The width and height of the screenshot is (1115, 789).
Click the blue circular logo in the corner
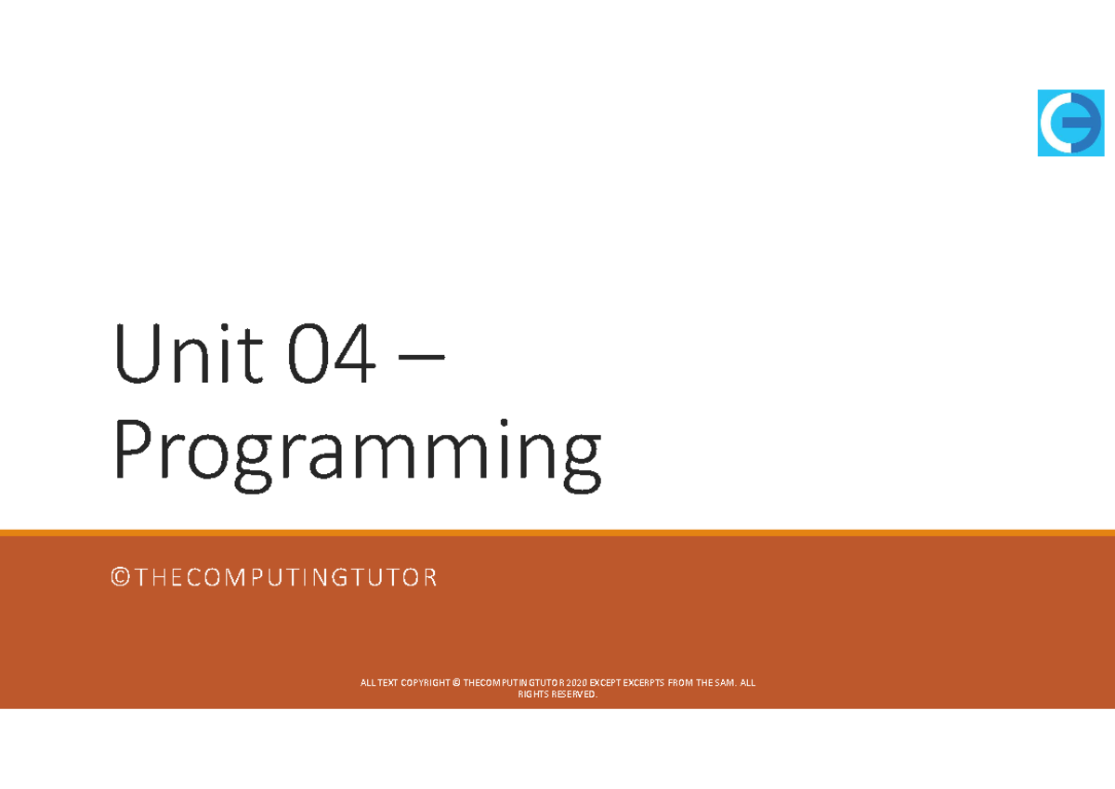pyautogui.click(x=1071, y=123)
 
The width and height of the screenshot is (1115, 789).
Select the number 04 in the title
pyautogui.click(x=332, y=357)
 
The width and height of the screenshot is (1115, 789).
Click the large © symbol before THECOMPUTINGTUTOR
pyautogui.click(x=119, y=578)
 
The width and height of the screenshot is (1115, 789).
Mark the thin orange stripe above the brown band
pyautogui.click(x=557, y=533)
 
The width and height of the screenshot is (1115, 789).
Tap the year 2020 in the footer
pyautogui.click(x=574, y=683)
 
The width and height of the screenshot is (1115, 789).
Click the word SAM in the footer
pyautogui.click(x=724, y=683)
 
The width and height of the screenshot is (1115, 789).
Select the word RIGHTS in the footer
pyautogui.click(x=534, y=694)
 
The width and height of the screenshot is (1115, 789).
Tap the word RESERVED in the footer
pyautogui.click(x=575, y=694)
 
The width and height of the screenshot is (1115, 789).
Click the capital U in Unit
pyautogui.click(x=133, y=357)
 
